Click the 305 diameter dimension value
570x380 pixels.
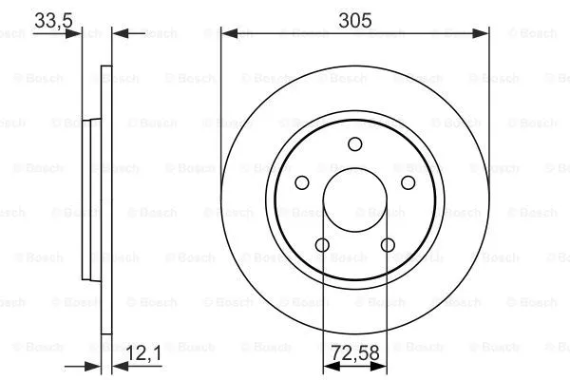tap(355, 18)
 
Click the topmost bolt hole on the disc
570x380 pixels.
tap(355, 143)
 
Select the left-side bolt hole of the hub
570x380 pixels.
tap(301, 183)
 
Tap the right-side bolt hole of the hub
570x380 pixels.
tap(408, 183)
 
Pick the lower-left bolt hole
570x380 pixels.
tap(322, 247)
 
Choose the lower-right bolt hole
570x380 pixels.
tap(388, 247)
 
